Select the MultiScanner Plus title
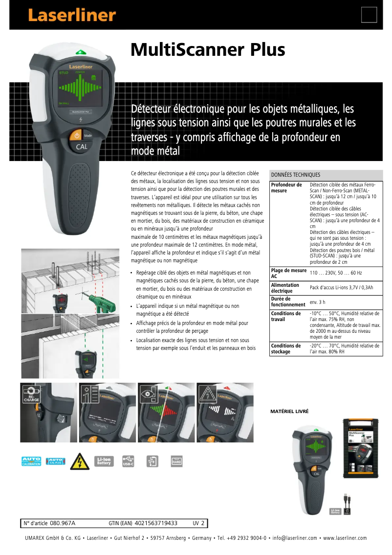[208, 50]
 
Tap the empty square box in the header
[369, 15]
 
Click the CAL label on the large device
[81, 146]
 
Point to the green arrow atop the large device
[81, 52]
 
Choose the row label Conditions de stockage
[286, 348]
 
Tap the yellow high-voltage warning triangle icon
[80, 461]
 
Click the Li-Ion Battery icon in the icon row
[104, 461]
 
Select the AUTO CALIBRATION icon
[31, 461]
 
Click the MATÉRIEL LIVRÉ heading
[289, 412]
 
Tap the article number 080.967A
[63, 523]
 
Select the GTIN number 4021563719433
[155, 523]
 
